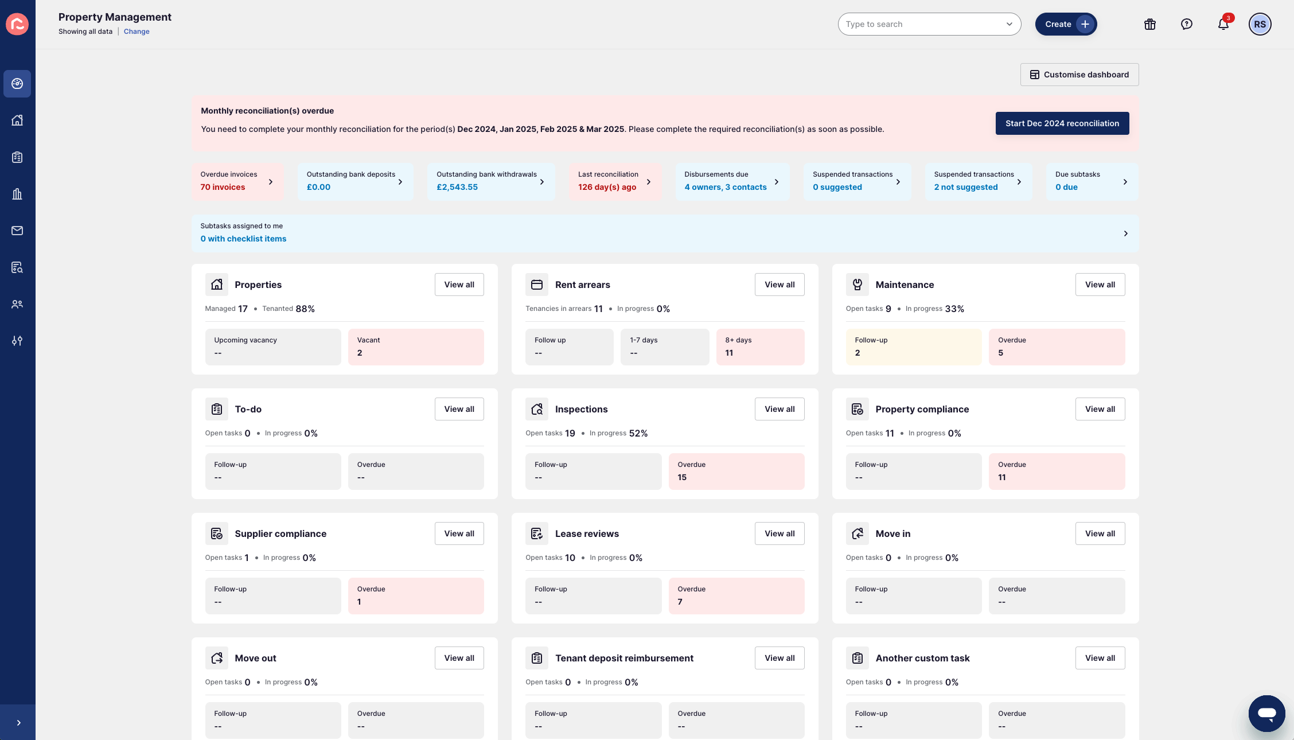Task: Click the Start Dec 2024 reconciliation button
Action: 1062,123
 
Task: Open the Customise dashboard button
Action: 1079,75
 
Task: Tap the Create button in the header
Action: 1065,24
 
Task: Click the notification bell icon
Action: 1223,24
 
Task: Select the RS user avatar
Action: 1260,24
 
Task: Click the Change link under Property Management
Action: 137,32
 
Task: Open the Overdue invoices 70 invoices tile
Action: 237,181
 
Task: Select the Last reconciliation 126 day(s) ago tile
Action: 614,181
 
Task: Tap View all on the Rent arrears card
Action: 779,285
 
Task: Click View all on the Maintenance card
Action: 1100,285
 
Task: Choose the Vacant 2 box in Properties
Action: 415,346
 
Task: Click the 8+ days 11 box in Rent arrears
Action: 759,346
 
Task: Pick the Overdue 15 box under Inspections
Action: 736,471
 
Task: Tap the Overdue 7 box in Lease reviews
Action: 736,595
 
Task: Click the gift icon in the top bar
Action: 1149,24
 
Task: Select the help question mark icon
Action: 1186,24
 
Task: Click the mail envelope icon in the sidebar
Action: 17,231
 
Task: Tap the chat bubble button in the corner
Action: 1266,713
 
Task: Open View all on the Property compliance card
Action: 1100,409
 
